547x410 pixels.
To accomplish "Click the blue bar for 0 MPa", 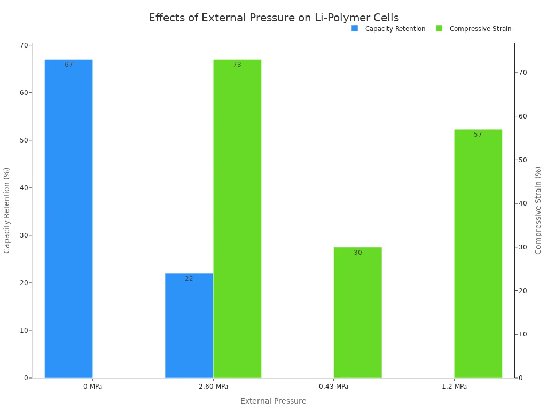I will [68, 219].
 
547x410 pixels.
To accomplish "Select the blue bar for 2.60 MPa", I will [189, 326].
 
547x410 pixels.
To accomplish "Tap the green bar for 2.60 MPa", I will [237, 219].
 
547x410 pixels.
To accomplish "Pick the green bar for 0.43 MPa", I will [357, 312].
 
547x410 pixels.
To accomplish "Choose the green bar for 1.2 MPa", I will [478, 254].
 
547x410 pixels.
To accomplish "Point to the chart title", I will [273, 18].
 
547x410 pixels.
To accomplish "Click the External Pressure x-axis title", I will [273, 401].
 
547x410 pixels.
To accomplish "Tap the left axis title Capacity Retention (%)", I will [7, 210].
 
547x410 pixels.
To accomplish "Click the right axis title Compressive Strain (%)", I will [538, 210].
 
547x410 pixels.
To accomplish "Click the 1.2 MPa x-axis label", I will [454, 387].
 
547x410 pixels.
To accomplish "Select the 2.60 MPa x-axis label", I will [213, 387].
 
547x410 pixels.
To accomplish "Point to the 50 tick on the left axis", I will [24, 140].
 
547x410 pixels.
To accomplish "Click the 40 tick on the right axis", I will [522, 203].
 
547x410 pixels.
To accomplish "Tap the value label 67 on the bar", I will [69, 65].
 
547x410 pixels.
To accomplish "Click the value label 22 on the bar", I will [189, 279].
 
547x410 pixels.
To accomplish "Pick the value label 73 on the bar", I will [237, 65].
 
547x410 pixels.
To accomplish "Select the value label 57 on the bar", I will [478, 135].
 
